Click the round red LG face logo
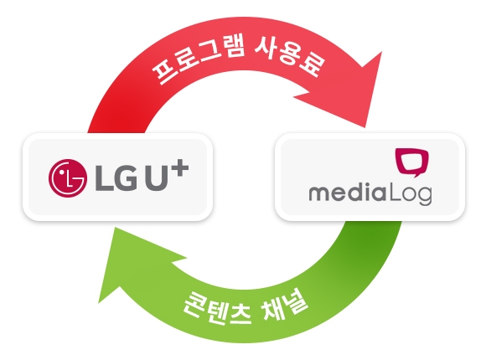point(68,178)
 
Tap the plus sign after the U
point(180,168)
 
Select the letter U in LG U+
point(158,178)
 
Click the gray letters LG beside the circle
point(116,178)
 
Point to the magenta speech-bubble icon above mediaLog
point(412,162)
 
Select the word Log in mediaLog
point(410,194)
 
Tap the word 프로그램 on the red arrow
point(199,61)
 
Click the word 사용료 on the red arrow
point(290,57)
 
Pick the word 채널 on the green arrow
point(286,306)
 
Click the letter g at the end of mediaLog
point(425,197)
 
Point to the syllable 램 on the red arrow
point(233,47)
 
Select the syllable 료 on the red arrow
point(313,65)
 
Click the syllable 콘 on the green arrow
point(194,304)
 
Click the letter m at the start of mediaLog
point(319,194)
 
